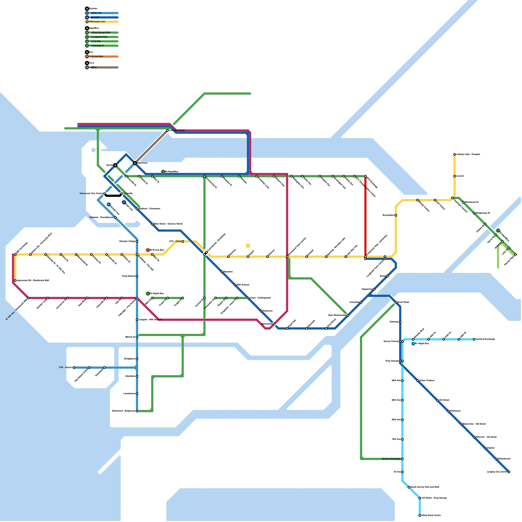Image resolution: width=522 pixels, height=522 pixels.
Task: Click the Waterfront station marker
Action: tap(135, 163)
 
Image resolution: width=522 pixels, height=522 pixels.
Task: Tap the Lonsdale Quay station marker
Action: tap(167, 130)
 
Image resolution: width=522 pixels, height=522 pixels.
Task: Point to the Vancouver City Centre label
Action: tap(91, 193)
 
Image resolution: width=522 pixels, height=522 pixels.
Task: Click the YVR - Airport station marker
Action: tap(74, 368)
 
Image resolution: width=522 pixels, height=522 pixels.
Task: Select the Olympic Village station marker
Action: tap(137, 241)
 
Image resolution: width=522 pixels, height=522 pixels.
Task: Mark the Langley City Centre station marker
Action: tap(509, 472)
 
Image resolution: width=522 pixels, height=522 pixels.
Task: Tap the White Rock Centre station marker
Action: tap(420, 515)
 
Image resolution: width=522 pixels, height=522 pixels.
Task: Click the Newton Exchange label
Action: tap(391, 459)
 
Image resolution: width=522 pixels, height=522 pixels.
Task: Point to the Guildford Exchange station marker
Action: tap(474, 339)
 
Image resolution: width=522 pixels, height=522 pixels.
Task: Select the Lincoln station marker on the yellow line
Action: tap(454, 176)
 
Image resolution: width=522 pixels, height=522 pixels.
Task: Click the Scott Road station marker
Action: tap(396, 302)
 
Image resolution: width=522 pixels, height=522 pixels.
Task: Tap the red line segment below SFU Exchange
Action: tap(365, 215)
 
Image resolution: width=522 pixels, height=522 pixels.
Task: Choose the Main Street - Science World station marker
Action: tap(152, 224)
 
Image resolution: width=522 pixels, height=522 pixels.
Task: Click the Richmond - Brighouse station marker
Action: tap(137, 411)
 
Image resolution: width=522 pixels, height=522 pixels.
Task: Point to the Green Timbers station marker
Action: tap(418, 381)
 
